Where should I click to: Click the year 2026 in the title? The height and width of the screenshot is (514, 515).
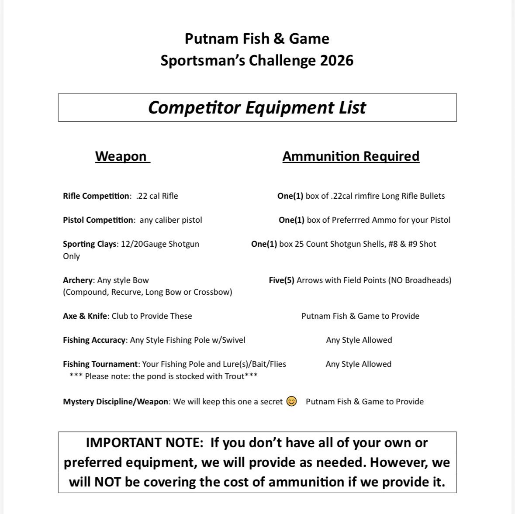click(x=336, y=60)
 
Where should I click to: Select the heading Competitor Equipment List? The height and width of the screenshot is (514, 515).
click(x=257, y=107)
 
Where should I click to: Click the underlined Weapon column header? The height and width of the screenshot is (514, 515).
click(x=121, y=156)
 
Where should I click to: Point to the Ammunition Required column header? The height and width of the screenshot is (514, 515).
click(x=351, y=156)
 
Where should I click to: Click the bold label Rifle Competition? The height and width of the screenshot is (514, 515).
click(x=96, y=196)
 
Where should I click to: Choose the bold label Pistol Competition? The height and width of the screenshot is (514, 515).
click(x=98, y=220)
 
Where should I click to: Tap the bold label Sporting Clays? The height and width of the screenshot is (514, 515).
click(x=90, y=244)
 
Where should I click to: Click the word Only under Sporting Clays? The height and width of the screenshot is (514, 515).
click(x=71, y=256)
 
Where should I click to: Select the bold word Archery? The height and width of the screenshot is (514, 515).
click(x=78, y=280)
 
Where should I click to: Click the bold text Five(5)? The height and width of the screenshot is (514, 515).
click(x=281, y=280)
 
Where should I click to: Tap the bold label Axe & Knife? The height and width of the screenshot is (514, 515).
click(x=85, y=316)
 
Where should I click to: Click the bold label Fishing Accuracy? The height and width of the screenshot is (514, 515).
click(x=94, y=340)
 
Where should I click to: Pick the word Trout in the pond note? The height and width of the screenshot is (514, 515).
click(x=234, y=376)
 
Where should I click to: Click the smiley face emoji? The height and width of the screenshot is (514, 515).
click(x=291, y=401)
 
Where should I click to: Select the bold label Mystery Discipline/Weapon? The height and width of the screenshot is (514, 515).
click(x=116, y=401)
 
